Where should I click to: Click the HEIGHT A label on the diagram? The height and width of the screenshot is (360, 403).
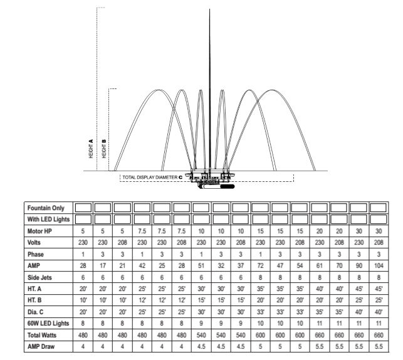[91, 149]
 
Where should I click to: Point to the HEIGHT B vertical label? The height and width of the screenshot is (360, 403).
[104, 149]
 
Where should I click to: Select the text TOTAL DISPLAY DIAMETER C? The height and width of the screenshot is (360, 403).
[152, 177]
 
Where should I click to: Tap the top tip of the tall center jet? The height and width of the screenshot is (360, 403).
[209, 9]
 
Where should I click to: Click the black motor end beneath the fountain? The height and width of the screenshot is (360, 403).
[228, 186]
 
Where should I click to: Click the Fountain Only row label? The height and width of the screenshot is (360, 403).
[46, 208]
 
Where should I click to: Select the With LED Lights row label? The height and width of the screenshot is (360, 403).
[49, 220]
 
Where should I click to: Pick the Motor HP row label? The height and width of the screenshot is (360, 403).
[39, 231]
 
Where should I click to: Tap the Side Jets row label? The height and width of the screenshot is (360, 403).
[39, 277]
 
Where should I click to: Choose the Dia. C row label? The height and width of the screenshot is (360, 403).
[35, 312]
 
